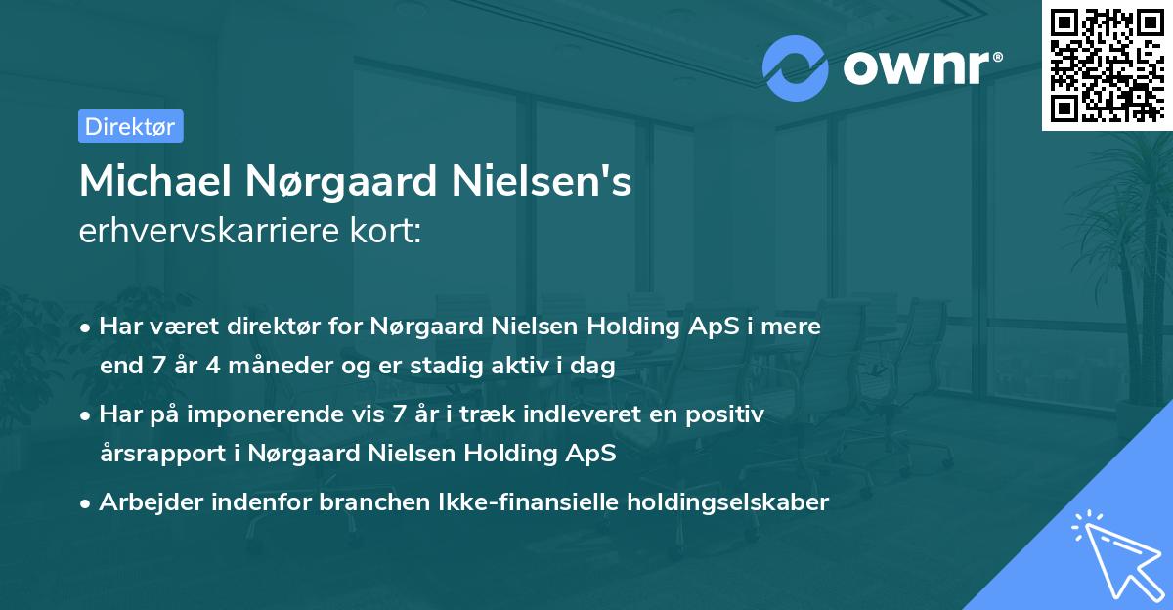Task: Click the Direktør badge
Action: pos(130,126)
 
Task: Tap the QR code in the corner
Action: pos(1107,65)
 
